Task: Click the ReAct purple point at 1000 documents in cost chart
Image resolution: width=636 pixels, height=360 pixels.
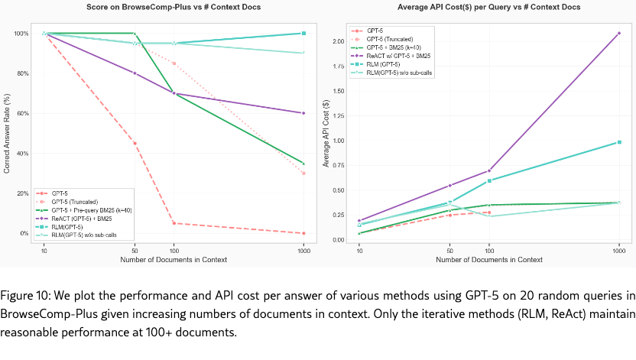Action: [618, 33]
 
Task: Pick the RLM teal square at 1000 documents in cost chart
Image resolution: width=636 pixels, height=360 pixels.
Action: [618, 142]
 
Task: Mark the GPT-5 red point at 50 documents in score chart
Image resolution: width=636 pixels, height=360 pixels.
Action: [135, 143]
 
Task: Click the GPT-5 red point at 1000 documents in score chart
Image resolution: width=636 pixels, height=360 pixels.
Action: [303, 233]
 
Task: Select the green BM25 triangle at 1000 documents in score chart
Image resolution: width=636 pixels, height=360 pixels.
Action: [303, 163]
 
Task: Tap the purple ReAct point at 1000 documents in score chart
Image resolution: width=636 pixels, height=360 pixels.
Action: [303, 113]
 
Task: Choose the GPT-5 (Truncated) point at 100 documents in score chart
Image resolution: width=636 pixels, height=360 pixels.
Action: [174, 63]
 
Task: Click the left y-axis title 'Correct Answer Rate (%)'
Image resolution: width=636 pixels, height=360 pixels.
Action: [7, 134]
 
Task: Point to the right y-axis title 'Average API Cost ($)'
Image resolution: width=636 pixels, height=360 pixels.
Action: [326, 134]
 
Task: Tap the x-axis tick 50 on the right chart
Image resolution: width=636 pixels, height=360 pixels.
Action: [450, 250]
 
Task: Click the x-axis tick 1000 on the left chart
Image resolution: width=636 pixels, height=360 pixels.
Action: [303, 250]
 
